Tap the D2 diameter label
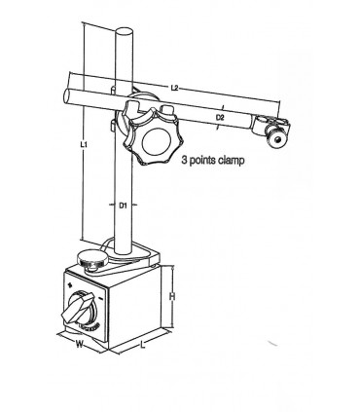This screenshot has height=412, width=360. click(x=220, y=117)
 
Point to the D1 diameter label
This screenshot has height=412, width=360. click(x=124, y=206)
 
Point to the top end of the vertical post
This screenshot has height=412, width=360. click(x=125, y=33)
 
